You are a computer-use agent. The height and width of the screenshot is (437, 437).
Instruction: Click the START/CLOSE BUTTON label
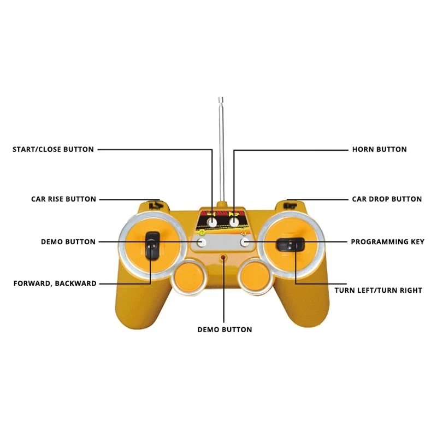53,149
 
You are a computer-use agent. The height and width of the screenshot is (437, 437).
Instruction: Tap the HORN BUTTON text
379,149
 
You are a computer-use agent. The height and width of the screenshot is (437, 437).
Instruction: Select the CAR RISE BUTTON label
63,199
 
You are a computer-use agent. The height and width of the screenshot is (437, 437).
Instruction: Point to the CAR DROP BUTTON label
387,199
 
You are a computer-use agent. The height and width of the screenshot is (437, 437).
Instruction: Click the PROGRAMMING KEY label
387,241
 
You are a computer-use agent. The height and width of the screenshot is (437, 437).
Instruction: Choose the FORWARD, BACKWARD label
55,284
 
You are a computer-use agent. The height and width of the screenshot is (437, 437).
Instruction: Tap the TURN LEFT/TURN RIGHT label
378,290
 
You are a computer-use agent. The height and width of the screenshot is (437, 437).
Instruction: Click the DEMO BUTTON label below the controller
225,329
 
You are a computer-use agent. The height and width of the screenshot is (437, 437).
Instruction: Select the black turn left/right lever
290,245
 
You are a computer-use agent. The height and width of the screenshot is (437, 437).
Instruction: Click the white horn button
234,222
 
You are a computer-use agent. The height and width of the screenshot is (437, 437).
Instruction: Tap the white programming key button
245,241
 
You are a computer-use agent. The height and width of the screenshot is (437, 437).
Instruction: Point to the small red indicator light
223,256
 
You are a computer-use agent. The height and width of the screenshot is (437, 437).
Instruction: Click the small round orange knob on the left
190,276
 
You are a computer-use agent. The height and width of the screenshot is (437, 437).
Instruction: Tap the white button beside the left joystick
201,241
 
